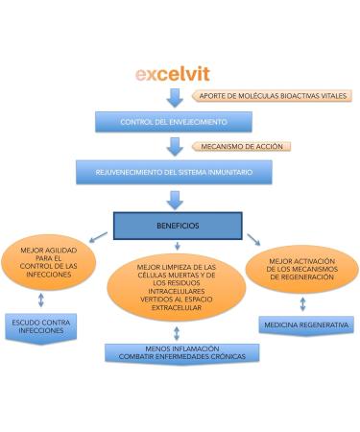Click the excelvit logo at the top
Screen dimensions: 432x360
click(172, 73)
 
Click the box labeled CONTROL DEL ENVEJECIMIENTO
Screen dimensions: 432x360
click(173, 122)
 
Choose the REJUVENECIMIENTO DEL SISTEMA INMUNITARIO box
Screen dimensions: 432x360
click(174, 172)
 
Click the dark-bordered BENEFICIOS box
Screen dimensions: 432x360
click(177, 227)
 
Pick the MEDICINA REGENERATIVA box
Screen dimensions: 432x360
click(306, 325)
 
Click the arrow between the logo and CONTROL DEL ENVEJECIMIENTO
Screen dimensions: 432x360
click(175, 98)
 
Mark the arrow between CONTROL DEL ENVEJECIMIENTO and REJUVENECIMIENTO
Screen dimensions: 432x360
click(175, 147)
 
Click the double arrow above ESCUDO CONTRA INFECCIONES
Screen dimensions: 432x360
click(39, 302)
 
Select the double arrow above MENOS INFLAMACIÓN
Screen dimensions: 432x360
click(177, 332)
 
